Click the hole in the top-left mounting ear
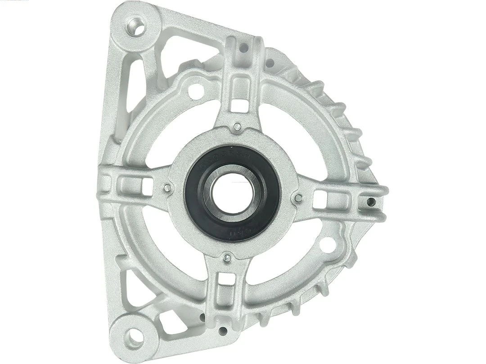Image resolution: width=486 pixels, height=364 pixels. [x=135, y=27]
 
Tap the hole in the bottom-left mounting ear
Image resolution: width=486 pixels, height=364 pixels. [x=134, y=336]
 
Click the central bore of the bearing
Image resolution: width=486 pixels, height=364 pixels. [x=232, y=193]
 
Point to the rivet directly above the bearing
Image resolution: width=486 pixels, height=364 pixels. [x=237, y=127]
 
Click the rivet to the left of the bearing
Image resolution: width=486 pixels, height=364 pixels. [x=167, y=188]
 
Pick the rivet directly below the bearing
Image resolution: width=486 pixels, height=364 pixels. [x=227, y=258]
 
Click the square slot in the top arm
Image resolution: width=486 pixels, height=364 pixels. [x=240, y=105]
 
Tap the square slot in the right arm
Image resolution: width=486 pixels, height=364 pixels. [x=320, y=199]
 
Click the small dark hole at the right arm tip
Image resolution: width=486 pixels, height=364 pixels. [x=371, y=202]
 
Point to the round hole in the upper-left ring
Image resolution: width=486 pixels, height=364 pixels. [x=196, y=91]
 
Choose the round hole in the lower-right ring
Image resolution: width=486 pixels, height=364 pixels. [x=328, y=245]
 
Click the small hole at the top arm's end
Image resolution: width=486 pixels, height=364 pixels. [x=245, y=48]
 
